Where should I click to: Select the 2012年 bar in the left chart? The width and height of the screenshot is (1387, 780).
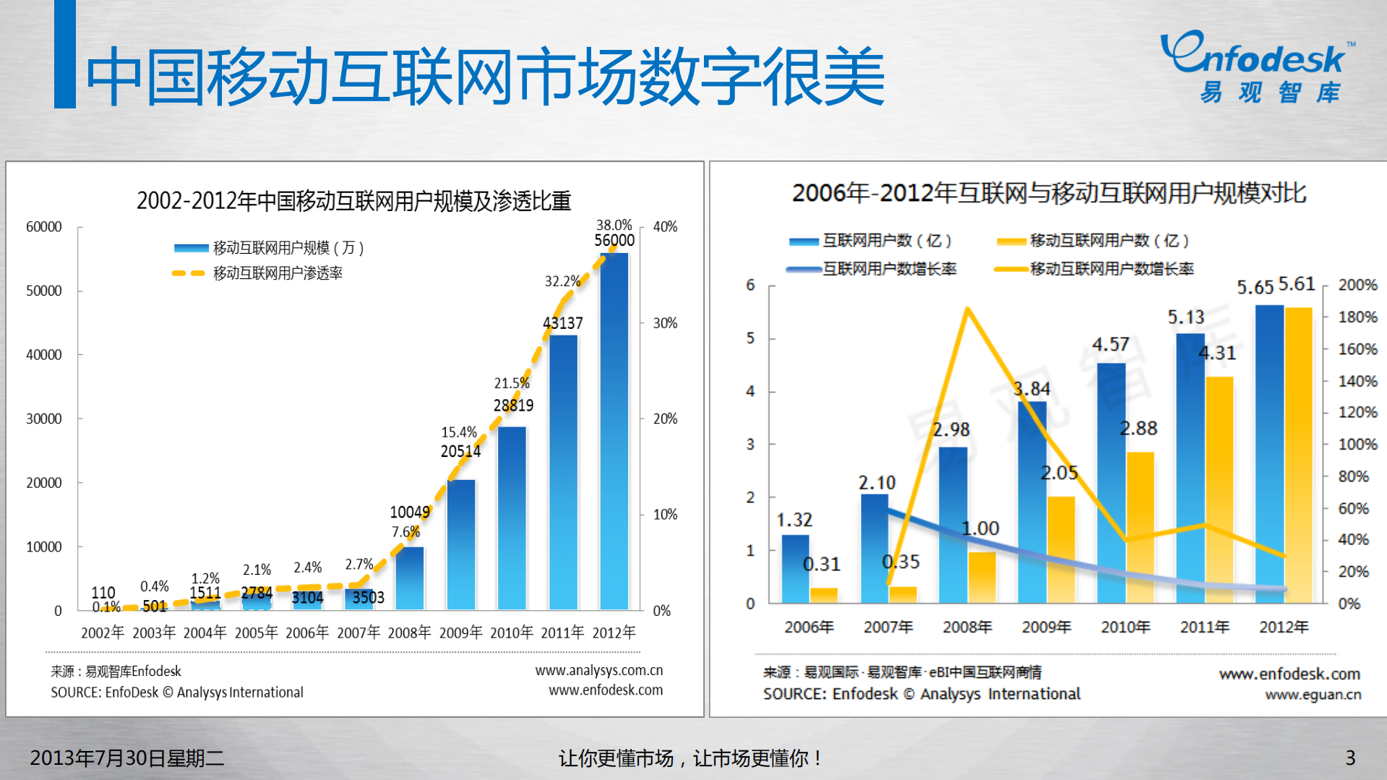click(614, 434)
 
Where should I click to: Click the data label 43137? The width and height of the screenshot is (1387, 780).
click(562, 323)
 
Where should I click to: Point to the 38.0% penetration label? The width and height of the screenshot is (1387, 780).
click(614, 225)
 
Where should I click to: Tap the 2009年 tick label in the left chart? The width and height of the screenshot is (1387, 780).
click(460, 633)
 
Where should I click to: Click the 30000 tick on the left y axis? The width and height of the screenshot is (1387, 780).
click(44, 419)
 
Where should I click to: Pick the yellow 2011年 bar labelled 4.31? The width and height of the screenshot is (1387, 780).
click(1219, 492)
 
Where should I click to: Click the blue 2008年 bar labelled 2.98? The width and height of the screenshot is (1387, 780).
click(953, 524)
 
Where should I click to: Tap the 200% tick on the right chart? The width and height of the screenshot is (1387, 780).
click(1357, 285)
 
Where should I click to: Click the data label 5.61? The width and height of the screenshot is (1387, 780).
click(1297, 284)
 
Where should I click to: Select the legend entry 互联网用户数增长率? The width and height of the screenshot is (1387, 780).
click(888, 269)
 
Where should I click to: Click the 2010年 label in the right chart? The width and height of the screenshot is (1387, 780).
click(1125, 627)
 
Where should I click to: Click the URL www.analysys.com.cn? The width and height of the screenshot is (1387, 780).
click(598, 670)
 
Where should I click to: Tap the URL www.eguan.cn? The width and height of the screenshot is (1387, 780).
click(1313, 695)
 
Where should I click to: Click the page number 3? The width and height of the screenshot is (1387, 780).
click(1349, 758)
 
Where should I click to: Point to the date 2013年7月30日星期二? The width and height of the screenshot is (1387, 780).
click(126, 758)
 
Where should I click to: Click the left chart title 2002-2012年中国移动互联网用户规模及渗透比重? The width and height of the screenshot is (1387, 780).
click(353, 200)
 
